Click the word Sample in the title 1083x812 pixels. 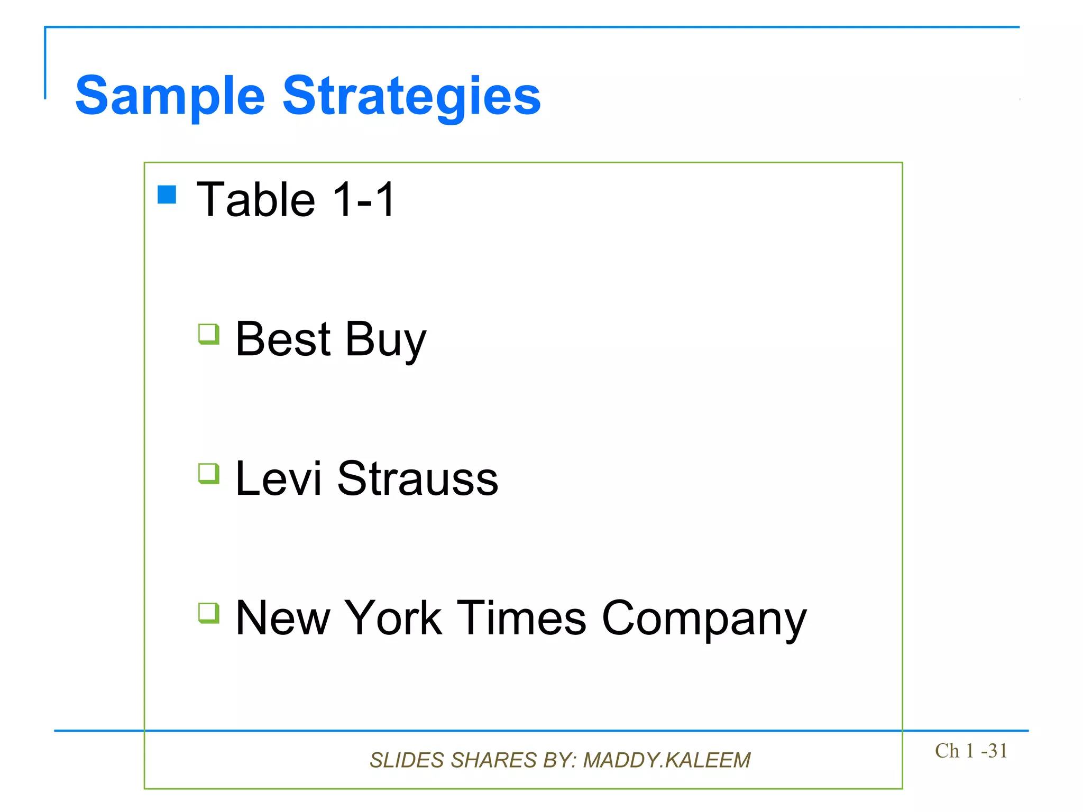point(170,96)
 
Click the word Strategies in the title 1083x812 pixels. point(411,96)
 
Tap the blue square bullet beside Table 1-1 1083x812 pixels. point(167,195)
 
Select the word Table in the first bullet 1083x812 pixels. point(256,199)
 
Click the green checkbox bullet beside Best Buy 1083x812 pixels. point(209,334)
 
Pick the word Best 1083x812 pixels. point(283,339)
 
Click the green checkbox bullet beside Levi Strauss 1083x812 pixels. point(209,474)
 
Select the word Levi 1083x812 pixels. point(278,478)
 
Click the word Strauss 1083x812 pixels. point(418,478)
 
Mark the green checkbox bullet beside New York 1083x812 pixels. point(209,613)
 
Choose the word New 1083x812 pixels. point(282,618)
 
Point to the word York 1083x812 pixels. point(393,618)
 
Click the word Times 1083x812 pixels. point(521,618)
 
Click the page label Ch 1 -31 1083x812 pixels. point(971,751)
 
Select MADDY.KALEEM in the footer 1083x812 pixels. point(666,760)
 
